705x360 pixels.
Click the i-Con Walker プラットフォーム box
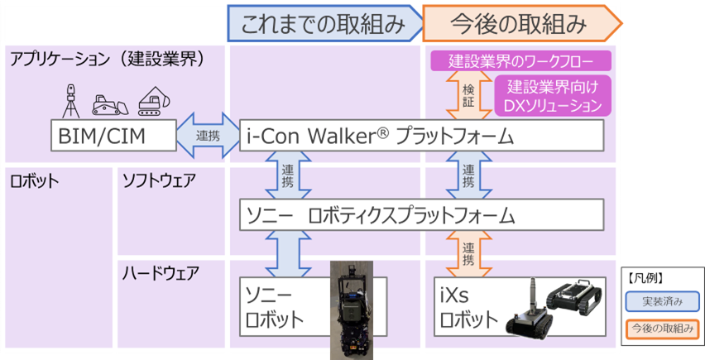[422, 134]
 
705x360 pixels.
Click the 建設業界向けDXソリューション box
[553, 96]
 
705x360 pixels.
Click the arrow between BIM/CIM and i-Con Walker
[208, 134]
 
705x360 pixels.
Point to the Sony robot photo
[352, 310]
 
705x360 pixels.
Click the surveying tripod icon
[71, 99]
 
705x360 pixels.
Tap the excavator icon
[152, 100]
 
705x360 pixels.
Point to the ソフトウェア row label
[161, 180]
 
